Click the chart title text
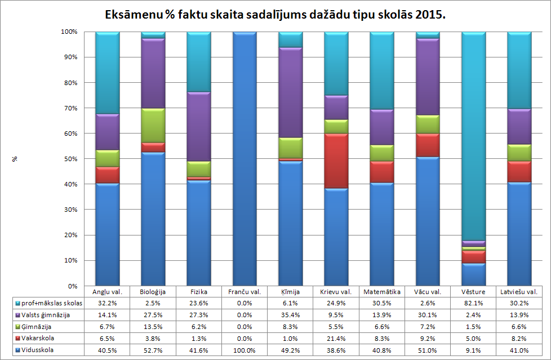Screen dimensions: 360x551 pos(275,15)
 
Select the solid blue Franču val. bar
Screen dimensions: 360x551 pos(245,158)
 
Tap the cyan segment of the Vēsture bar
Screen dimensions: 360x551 pos(474,135)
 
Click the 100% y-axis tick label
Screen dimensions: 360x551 pos(69,32)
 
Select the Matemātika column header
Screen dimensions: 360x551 pos(382,292)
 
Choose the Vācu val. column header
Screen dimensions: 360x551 pos(428,292)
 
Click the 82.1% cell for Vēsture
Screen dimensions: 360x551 pos(473,304)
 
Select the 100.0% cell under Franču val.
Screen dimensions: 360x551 pos(245,350)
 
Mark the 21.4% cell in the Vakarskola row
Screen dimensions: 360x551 pos(336,339)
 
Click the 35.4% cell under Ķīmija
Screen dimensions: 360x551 pos(290,315)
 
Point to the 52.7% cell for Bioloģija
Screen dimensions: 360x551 pos(153,350)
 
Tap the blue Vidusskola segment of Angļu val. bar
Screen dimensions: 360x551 pos(107,234)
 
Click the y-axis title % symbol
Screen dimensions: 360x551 pos(15,159)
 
